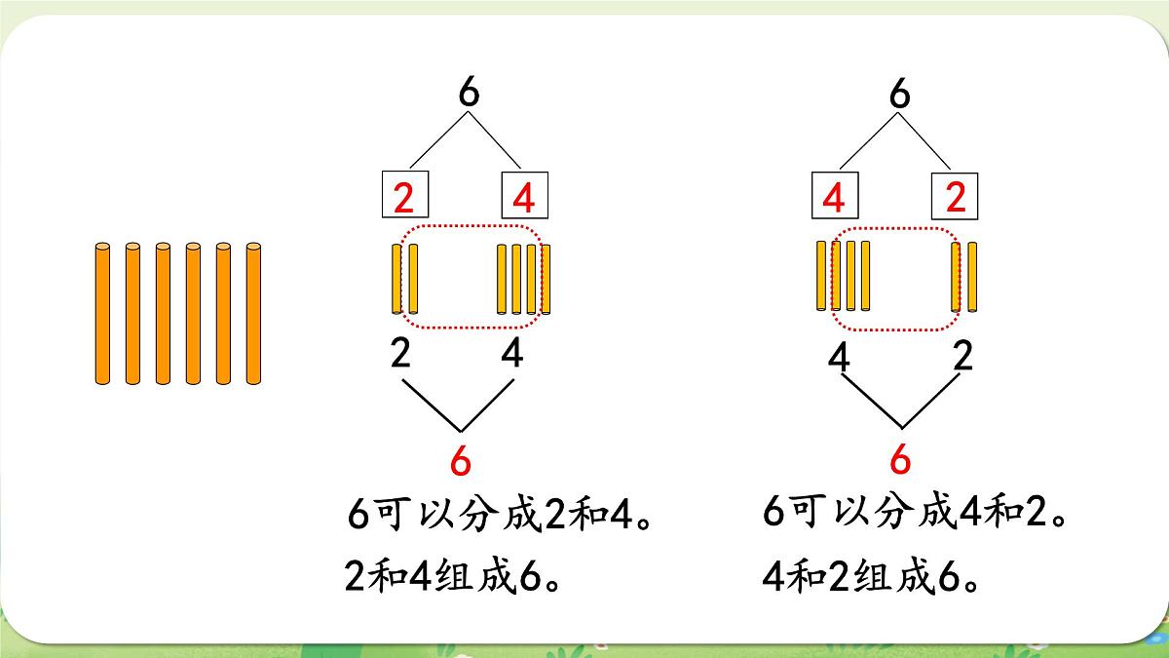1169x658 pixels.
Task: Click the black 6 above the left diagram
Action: coord(469,93)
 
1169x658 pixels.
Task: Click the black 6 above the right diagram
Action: coord(900,94)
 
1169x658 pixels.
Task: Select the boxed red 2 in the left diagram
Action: coord(404,198)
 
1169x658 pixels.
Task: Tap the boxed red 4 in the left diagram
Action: coord(524,198)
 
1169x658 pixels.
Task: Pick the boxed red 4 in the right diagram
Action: coord(834,198)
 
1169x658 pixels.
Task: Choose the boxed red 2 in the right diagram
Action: coord(956,198)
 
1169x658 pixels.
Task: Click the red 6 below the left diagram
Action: coord(460,460)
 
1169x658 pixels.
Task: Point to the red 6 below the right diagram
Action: coord(900,459)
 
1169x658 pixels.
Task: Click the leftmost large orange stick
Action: coord(103,313)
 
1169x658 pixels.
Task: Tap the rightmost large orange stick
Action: coord(253,313)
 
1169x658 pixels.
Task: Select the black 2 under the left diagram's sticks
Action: coord(400,353)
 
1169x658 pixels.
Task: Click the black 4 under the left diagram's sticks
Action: coord(512,353)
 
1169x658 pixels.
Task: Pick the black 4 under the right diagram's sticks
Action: coord(839,357)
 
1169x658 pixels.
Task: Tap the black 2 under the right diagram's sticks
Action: coord(962,356)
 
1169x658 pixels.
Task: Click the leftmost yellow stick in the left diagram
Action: coord(396,279)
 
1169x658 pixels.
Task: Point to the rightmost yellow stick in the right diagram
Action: coord(972,277)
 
